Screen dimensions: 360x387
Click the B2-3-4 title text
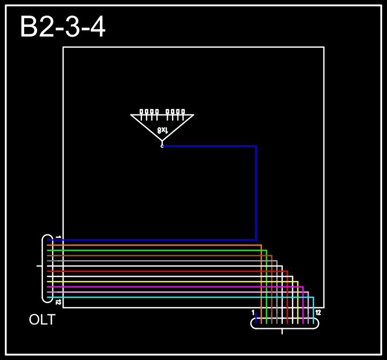[x=62, y=27]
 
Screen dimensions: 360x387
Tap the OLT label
[x=42, y=320]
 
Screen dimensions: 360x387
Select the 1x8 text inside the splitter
[x=163, y=129]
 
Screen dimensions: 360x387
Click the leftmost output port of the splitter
[x=141, y=112]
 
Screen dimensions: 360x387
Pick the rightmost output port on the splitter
[x=183, y=112]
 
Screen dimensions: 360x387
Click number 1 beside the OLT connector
[x=58, y=237]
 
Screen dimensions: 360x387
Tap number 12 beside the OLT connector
[x=58, y=303]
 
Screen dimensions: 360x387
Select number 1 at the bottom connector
[x=253, y=312]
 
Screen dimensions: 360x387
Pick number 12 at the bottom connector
[x=318, y=312]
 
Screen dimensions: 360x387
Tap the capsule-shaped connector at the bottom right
[x=284, y=323]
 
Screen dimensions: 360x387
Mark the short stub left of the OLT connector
[x=39, y=266]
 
